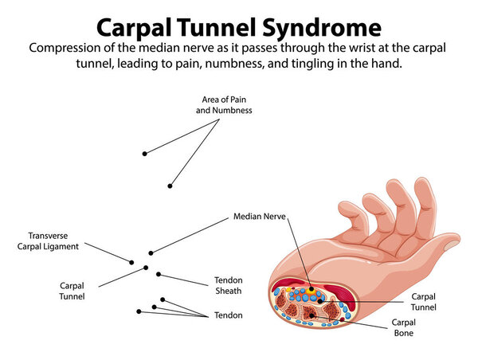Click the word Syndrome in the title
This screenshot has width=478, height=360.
322,29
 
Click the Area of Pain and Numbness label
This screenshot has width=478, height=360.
224,105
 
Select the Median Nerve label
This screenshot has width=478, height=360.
260,217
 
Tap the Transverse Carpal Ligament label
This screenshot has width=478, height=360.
48,241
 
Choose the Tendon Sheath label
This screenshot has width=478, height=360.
229,285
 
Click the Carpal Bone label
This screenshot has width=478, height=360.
404,327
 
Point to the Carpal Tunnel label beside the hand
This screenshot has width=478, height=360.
424,302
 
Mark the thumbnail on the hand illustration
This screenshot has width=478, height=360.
452,245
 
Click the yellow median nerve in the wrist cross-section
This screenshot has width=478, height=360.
311,290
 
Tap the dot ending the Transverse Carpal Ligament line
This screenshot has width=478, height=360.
131,263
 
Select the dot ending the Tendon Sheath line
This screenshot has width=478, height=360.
159,274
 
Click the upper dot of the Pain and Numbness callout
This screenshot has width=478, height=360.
144,154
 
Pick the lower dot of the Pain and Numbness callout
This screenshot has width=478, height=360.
170,186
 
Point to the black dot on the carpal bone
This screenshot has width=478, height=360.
311,316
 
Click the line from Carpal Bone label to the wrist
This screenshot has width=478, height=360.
350,322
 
